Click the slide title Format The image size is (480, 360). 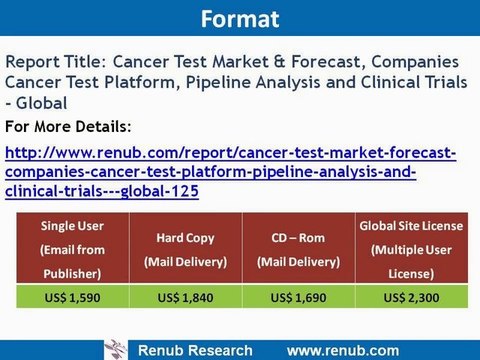pos(239,19)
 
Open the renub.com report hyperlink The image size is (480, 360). pos(230,171)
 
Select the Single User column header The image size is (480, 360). pos(72,226)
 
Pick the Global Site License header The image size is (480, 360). pos(412,227)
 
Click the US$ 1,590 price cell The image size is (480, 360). pos(72,297)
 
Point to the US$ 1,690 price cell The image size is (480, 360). pos(300,297)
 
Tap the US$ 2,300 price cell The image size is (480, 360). pos(412,297)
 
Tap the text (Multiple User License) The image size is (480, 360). pos(412,260)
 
